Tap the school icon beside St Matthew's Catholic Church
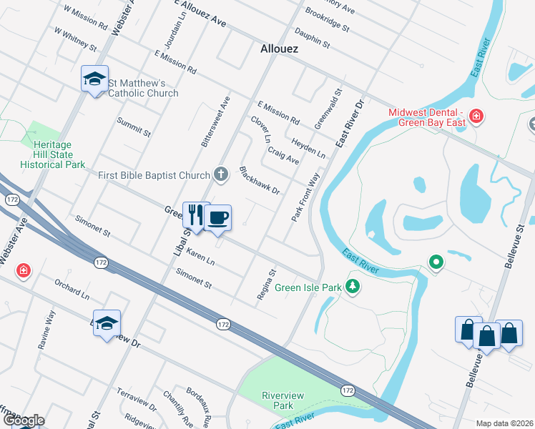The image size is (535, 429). pos(94,80)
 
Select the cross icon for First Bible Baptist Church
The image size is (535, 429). pos(222,174)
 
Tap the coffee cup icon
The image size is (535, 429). pos(218,217)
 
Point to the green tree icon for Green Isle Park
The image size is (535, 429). pos(352,287)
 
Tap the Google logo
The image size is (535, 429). pos(23,420)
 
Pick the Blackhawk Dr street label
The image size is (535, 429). pos(258,181)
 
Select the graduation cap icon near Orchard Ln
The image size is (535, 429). pos(107,324)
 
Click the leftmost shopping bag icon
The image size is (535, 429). pos(468,330)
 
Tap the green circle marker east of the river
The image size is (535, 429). pos(436,262)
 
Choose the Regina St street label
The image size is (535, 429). pos(267,284)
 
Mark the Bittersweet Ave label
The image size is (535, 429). pos(215,122)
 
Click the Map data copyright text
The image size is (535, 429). pos(504,423)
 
